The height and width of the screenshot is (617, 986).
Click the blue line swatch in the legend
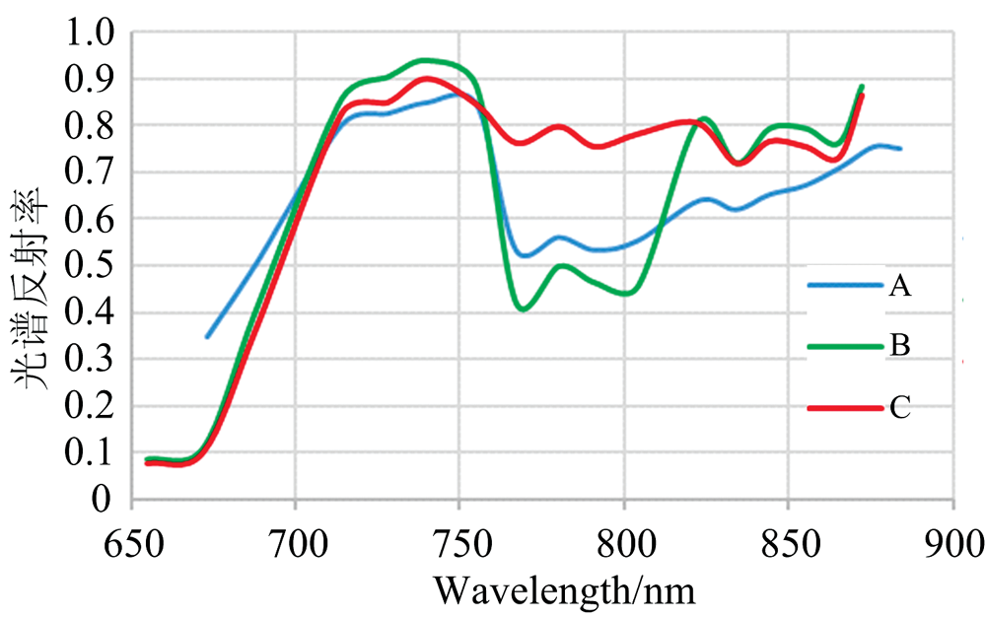(843, 287)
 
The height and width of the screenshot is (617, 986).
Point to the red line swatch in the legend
(843, 407)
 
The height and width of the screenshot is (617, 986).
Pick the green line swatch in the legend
(843, 347)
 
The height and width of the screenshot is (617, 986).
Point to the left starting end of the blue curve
(207, 337)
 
